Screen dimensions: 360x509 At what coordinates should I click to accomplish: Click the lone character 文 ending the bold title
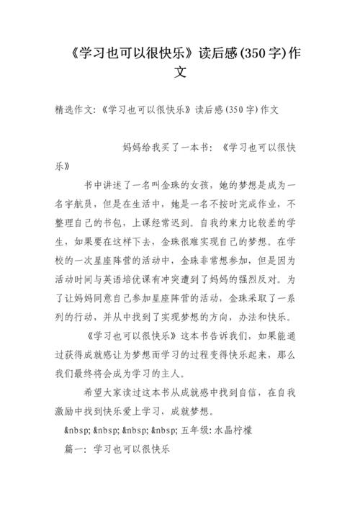(181, 72)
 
